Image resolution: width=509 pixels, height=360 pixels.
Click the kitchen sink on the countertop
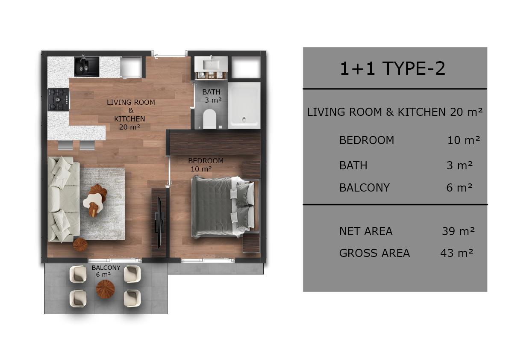(x=86, y=67)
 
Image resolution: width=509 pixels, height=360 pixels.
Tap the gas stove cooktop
(x=59, y=99)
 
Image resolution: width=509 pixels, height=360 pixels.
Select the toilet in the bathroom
(x=209, y=119)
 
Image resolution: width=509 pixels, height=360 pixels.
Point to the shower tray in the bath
(x=244, y=105)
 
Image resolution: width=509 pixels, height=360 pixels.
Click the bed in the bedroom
(x=225, y=207)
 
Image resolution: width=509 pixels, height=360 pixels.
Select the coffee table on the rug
(x=95, y=200)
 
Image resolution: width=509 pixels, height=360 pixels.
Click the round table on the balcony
(x=106, y=289)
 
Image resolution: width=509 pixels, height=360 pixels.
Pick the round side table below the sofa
(x=80, y=245)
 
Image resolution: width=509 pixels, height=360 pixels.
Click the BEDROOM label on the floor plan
(x=206, y=161)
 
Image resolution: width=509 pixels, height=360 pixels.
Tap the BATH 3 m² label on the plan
(x=212, y=96)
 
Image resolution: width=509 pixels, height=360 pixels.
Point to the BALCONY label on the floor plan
(x=106, y=268)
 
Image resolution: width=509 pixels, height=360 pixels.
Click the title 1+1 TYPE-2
(x=392, y=68)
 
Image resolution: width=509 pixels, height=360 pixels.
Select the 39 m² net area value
(x=458, y=231)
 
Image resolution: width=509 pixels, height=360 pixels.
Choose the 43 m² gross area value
(x=457, y=253)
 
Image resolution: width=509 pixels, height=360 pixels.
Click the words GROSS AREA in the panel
(x=374, y=253)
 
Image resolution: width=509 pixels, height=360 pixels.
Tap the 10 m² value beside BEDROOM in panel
(x=464, y=140)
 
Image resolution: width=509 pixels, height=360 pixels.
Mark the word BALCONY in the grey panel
(x=364, y=188)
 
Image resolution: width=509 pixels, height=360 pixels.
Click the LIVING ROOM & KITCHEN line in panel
(x=395, y=112)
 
